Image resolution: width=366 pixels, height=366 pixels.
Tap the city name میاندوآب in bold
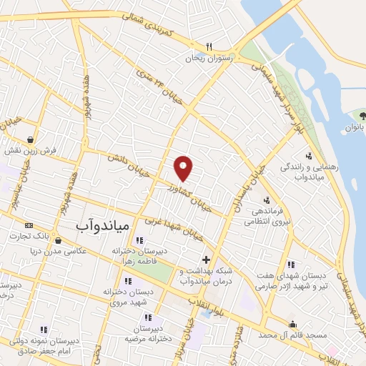tap(102, 224)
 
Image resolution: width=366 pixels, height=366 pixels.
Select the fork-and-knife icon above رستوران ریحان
tap(208, 44)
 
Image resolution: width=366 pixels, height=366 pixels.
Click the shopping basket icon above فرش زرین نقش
tap(30, 139)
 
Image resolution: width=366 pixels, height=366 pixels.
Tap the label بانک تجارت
tap(46, 235)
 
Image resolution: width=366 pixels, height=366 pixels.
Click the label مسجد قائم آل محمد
tap(292, 335)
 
